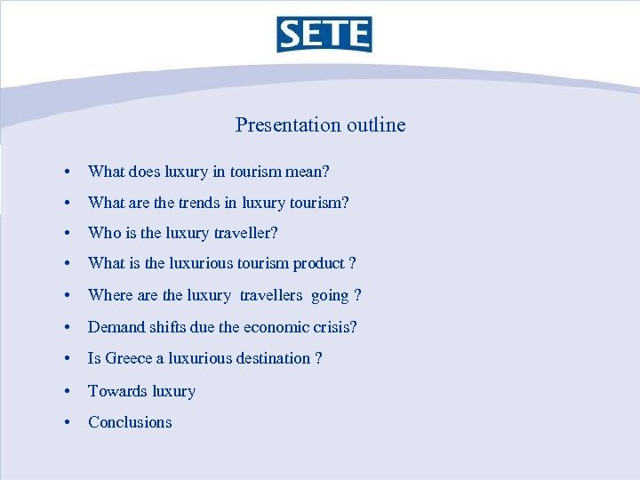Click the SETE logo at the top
(324, 34)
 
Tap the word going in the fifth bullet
(330, 296)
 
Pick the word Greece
(130, 358)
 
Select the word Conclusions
(130, 422)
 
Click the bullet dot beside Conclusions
(68, 423)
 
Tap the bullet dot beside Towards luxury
(68, 391)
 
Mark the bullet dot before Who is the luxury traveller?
(68, 234)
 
